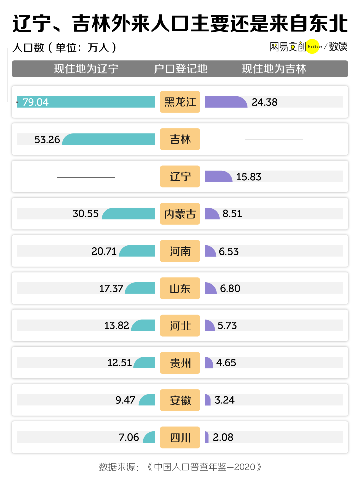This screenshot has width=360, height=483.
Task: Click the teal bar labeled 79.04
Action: click(86, 102)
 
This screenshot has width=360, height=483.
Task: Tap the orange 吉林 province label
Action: click(180, 139)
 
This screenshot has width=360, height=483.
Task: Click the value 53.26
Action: click(47, 140)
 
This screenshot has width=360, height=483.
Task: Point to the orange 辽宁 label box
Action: click(180, 177)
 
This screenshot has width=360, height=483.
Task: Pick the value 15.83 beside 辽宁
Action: click(249, 177)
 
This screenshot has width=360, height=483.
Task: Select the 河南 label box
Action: click(180, 251)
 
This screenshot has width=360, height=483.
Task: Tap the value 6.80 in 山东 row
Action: click(230, 288)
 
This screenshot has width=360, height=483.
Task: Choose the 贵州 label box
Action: click(180, 363)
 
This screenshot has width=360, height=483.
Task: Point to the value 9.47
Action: click(125, 400)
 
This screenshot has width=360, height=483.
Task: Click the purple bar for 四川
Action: click(207, 437)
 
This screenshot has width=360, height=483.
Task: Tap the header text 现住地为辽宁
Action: click(86, 69)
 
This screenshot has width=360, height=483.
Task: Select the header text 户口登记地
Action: click(180, 69)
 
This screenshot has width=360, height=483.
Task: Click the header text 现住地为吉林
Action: click(274, 69)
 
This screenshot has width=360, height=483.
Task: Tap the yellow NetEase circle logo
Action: click(313, 47)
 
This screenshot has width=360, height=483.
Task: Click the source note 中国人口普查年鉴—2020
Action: click(204, 467)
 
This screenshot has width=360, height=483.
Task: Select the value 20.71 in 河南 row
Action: click(104, 251)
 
